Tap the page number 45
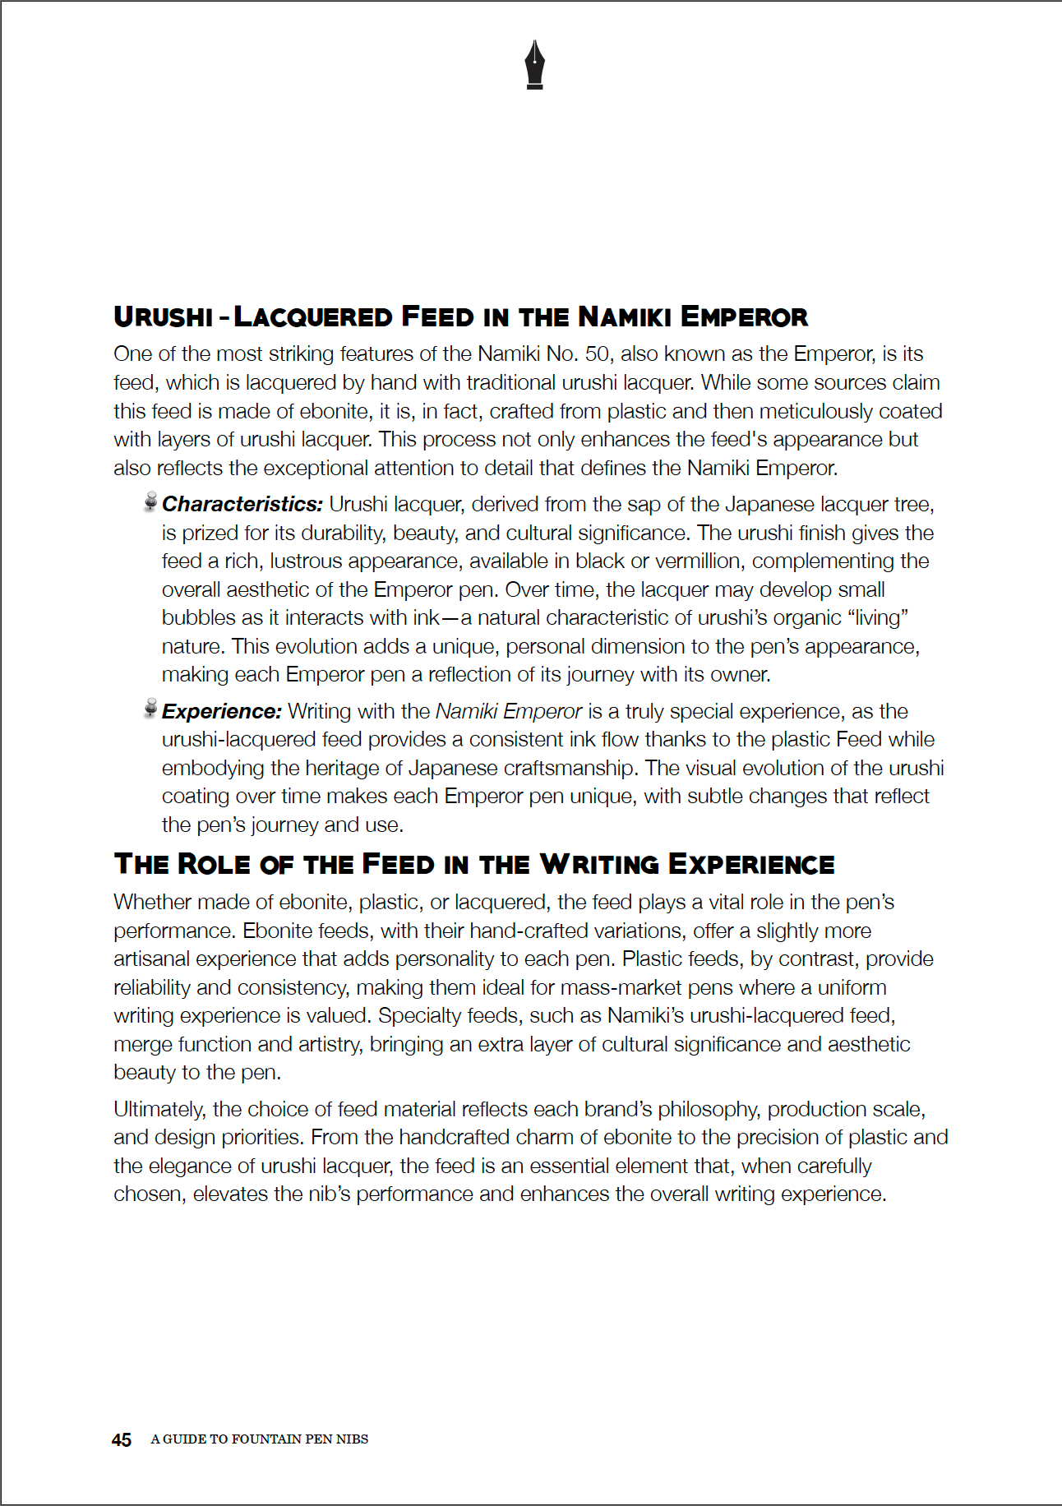122,1439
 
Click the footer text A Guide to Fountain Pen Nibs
259,1439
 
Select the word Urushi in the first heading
164,316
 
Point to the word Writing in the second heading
599,864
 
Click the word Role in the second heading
215,864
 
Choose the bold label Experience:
222,711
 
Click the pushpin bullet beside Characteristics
150,501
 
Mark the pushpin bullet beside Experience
150,709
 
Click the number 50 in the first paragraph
597,354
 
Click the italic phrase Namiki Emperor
508,711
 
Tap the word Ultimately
159,1109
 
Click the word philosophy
706,1109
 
